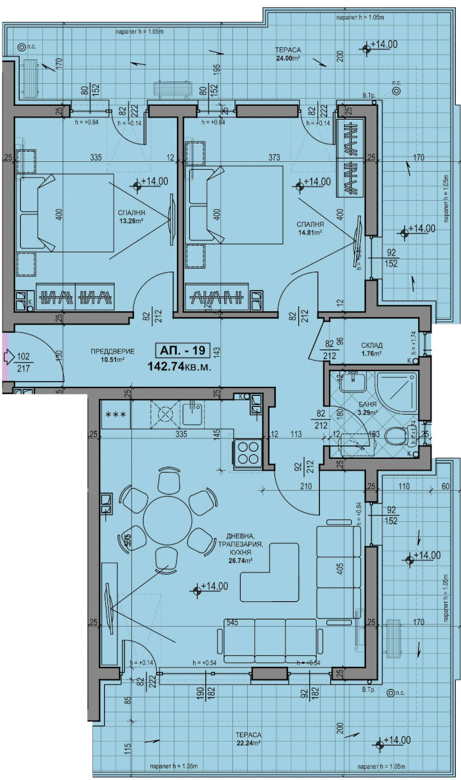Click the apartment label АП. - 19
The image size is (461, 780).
(181, 351)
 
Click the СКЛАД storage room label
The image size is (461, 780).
(371, 346)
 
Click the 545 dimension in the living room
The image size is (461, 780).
(233, 622)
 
